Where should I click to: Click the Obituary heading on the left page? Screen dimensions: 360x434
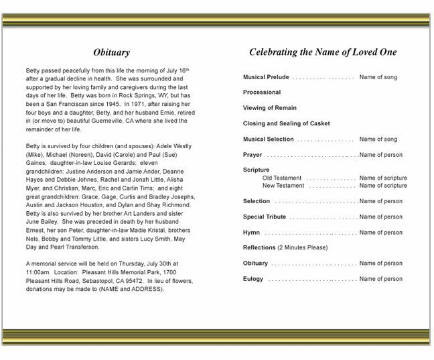(x=111, y=52)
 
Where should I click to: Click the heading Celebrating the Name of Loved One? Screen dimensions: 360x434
(x=323, y=52)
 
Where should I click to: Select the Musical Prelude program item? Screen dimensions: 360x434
(x=266, y=77)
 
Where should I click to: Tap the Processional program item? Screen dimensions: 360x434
(x=262, y=93)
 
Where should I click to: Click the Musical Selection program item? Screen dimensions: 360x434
(x=268, y=139)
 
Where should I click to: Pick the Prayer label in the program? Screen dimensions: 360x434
(x=252, y=155)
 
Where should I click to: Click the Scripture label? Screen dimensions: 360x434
(x=257, y=170)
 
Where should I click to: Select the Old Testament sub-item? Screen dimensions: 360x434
(x=283, y=178)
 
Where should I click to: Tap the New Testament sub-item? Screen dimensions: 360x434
(x=283, y=185)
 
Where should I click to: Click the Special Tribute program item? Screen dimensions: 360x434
(x=265, y=217)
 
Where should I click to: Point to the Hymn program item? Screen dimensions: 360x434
(x=251, y=232)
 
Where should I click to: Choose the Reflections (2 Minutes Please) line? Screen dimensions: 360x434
(x=285, y=247)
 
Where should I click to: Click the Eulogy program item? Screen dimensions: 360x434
(x=253, y=279)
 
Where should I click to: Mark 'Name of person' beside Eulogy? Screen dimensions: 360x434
(x=381, y=279)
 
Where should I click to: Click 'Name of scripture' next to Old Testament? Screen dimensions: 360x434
(x=383, y=178)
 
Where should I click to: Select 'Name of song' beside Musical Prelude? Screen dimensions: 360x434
(x=378, y=77)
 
